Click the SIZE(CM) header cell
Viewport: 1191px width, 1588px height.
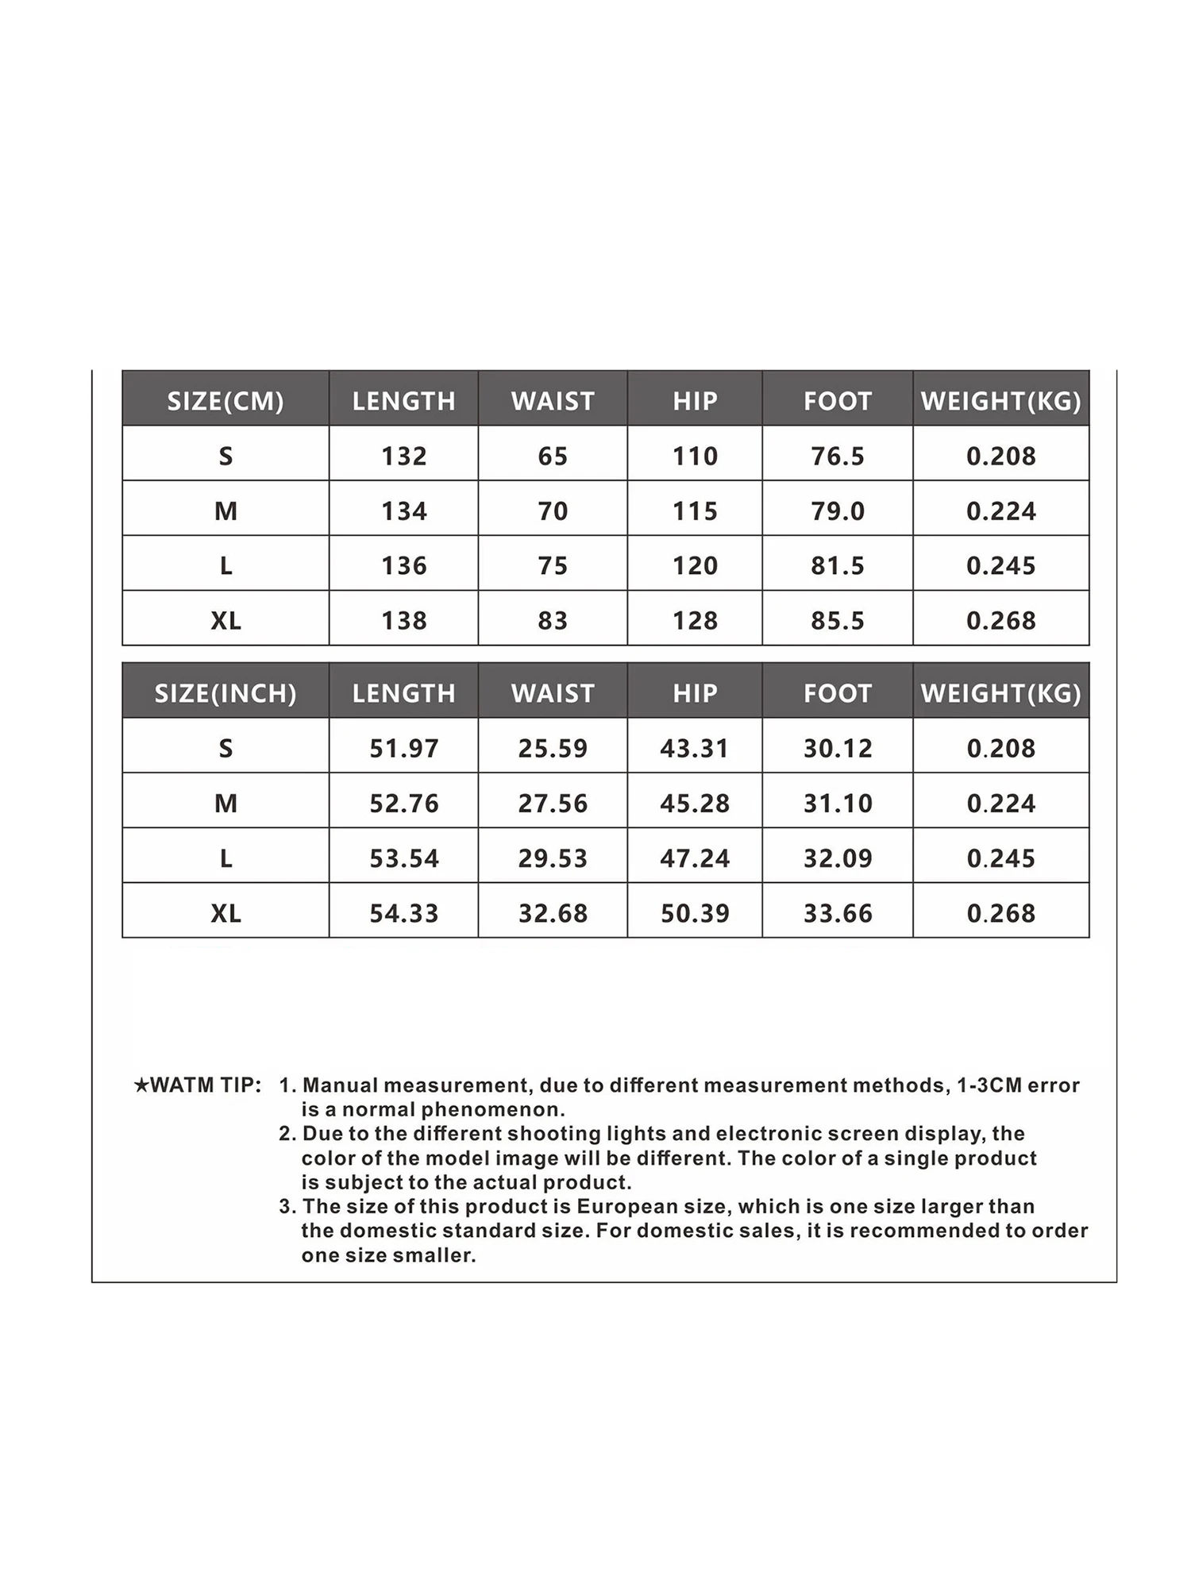coord(225,401)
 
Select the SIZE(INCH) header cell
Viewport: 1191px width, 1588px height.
coord(225,693)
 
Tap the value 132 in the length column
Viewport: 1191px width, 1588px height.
coord(403,456)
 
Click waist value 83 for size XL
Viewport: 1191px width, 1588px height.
coord(553,620)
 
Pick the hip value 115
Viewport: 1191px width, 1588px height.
coord(695,511)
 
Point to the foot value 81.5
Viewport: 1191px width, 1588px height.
coord(838,565)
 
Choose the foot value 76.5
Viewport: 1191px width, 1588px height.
coord(838,456)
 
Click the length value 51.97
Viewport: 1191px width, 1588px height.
coord(403,748)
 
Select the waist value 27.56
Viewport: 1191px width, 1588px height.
coord(553,803)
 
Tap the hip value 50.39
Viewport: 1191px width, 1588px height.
coord(695,913)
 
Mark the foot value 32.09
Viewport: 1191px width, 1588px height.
coord(838,858)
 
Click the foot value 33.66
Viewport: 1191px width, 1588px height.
coord(838,913)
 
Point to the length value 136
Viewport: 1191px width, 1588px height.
coord(403,565)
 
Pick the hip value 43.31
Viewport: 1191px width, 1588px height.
coord(695,748)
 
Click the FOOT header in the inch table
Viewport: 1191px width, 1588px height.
coord(838,693)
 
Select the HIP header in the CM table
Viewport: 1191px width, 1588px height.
coord(695,401)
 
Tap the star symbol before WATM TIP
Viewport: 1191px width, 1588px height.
coord(141,1085)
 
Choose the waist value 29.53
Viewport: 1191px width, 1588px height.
coord(553,858)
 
